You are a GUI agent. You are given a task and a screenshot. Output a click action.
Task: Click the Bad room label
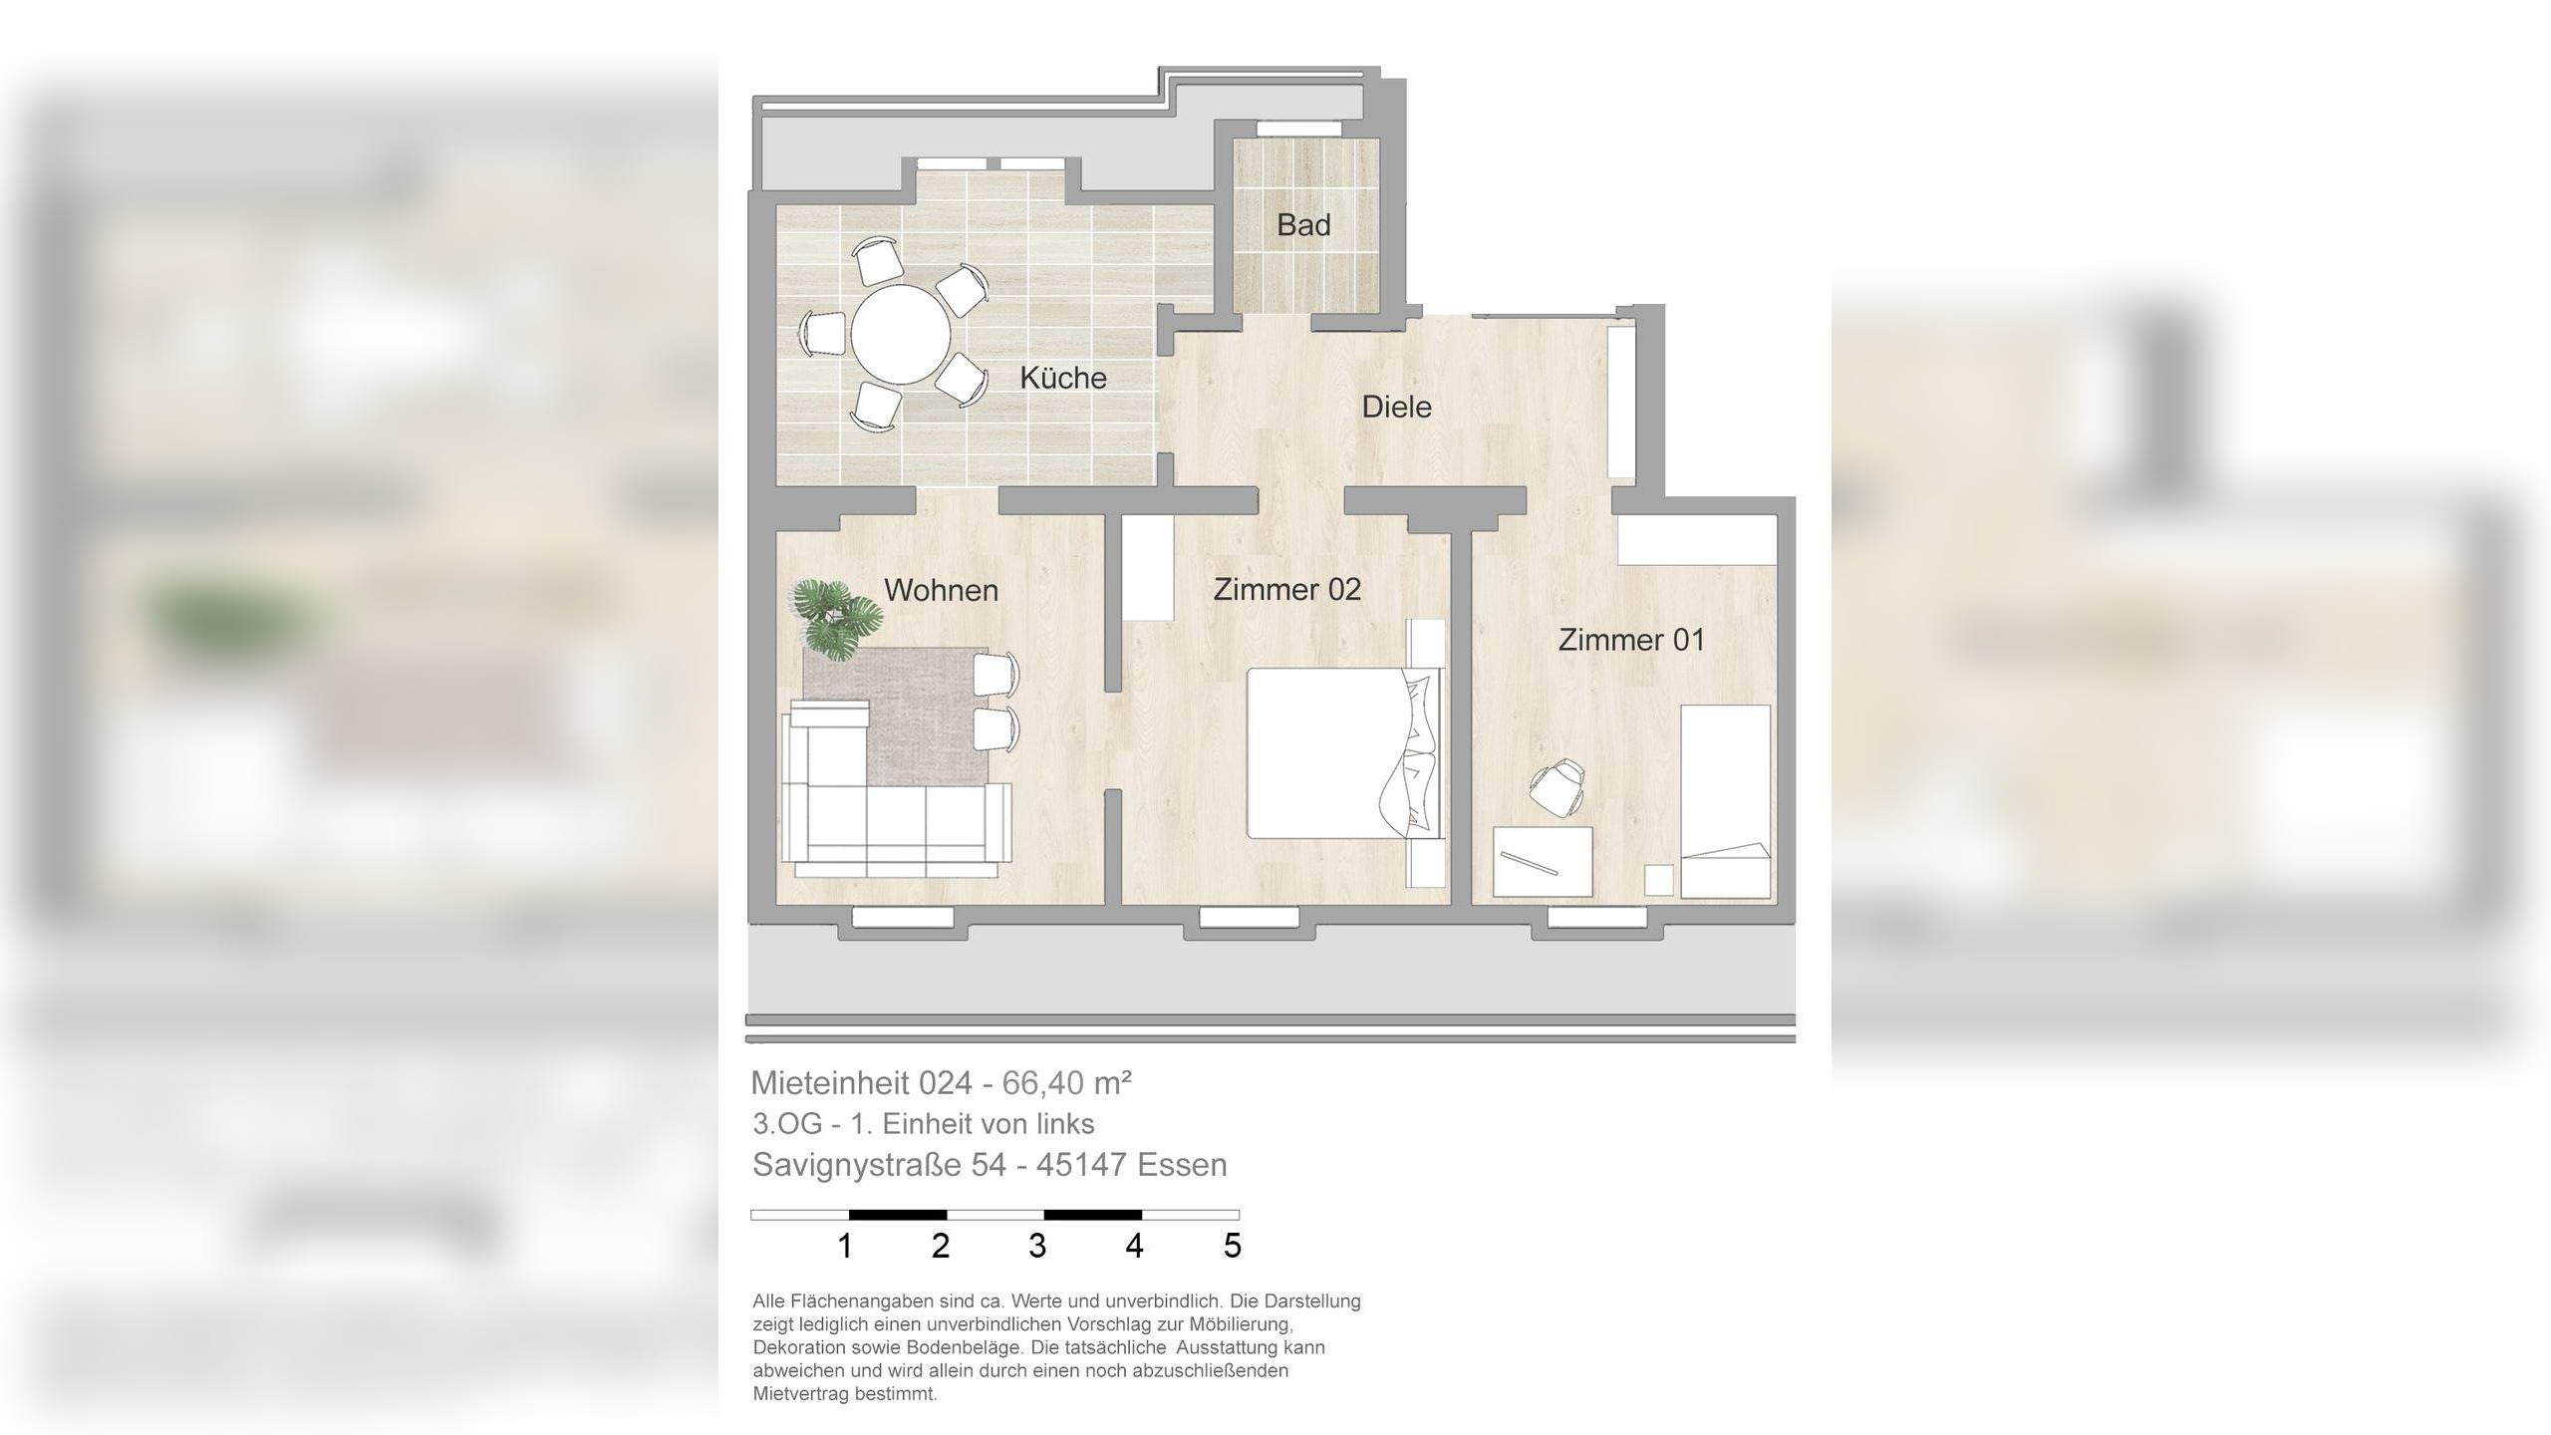click(1303, 225)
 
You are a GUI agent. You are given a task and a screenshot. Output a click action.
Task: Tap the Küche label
click(1063, 378)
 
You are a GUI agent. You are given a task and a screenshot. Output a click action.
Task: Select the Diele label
click(1396, 407)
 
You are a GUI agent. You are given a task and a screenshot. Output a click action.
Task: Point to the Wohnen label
click(941, 590)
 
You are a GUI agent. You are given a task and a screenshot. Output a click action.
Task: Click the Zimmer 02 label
click(1286, 589)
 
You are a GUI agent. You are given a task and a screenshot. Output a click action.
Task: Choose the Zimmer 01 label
click(1631, 640)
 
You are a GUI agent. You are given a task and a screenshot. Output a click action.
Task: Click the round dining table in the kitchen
click(901, 334)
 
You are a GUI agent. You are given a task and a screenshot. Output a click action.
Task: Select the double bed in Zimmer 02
click(1345, 753)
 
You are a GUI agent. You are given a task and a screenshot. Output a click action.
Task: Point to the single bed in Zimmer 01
click(1726, 802)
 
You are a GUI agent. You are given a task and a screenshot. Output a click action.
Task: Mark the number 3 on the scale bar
click(1037, 1246)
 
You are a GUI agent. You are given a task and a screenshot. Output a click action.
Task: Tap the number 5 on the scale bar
click(1233, 1246)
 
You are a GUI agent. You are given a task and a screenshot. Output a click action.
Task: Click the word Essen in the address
click(1182, 1165)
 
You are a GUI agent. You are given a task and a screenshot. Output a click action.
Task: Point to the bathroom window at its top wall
click(1298, 129)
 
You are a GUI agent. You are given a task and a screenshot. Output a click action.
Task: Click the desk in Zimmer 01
click(1543, 862)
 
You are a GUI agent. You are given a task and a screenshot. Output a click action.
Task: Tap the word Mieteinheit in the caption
click(830, 1082)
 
